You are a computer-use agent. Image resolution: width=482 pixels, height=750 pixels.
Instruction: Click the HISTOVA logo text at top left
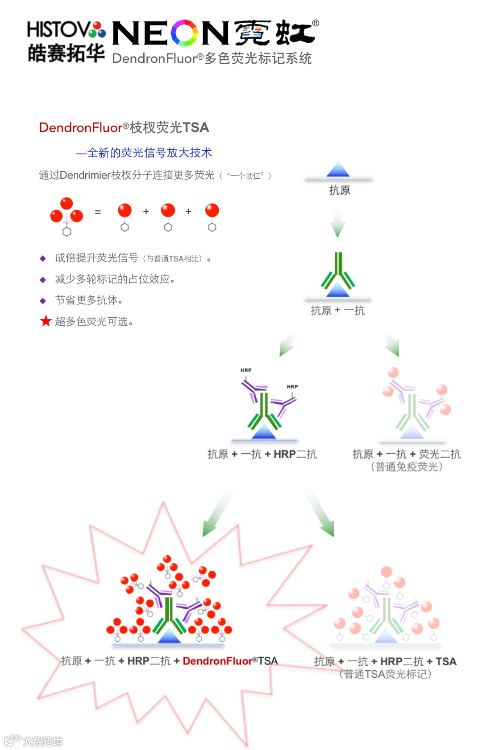[x=66, y=30]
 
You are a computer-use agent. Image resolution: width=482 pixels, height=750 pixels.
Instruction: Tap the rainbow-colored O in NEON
[x=184, y=33]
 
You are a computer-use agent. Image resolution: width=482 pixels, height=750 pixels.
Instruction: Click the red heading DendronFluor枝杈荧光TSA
[x=124, y=128]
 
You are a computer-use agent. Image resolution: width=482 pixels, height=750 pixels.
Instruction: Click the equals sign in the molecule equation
[x=98, y=212]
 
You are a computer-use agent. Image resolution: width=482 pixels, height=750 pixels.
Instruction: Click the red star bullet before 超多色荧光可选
[x=46, y=321]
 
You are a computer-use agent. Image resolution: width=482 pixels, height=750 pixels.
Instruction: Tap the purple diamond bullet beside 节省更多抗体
[x=43, y=301]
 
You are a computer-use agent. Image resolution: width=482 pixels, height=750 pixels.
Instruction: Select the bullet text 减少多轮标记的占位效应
[x=115, y=279]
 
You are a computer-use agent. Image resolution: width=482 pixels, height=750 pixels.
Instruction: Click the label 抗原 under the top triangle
[x=339, y=191]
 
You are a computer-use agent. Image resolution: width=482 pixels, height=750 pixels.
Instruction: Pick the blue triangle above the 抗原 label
[x=338, y=170]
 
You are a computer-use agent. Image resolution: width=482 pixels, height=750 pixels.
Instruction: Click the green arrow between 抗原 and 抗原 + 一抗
[x=338, y=224]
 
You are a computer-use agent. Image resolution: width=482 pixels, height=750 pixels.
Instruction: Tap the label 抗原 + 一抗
[x=337, y=311]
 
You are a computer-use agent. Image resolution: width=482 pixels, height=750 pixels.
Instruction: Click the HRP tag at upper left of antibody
[x=246, y=370]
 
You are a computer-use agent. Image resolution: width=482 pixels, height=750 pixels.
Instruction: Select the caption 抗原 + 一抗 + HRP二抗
[x=262, y=454]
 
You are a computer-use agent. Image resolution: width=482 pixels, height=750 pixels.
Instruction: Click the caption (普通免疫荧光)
[x=407, y=467]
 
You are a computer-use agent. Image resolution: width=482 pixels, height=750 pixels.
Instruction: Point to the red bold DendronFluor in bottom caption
[x=217, y=661]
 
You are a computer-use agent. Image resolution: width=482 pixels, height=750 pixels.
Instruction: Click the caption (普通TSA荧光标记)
[x=385, y=674]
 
